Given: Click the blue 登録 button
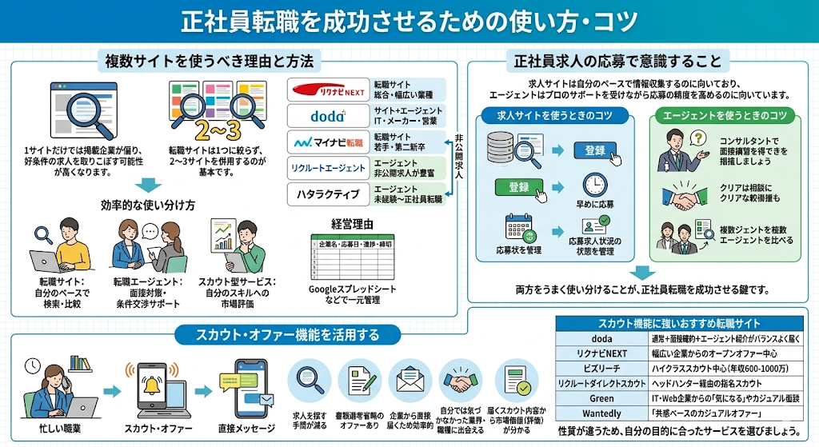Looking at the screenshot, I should click(x=595, y=150).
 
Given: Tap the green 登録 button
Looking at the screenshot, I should click(x=519, y=187).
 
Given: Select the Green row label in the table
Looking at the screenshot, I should click(x=601, y=398).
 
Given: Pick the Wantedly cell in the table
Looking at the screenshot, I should click(x=601, y=413).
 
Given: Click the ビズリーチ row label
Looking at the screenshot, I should click(x=601, y=368).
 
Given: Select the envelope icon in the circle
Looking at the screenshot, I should click(x=409, y=380).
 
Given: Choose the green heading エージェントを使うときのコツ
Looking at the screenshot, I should click(x=725, y=116).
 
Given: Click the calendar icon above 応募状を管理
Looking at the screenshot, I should click(x=517, y=229).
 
